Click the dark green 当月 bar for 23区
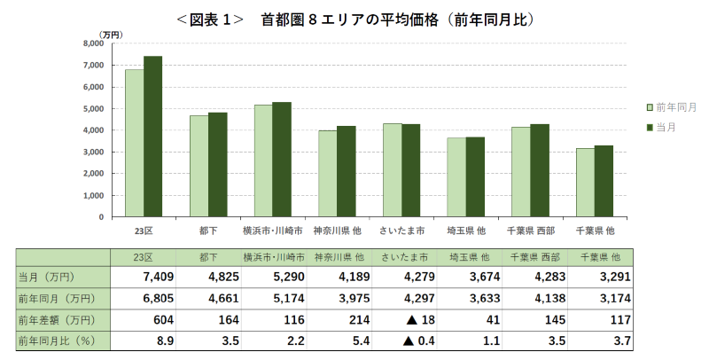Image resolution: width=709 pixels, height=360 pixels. [x=152, y=137]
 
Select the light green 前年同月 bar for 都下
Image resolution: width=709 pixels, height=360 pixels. [x=199, y=166]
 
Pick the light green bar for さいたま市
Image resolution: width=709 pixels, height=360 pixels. [x=392, y=169]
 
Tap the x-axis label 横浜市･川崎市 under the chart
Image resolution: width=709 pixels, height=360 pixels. [x=273, y=231]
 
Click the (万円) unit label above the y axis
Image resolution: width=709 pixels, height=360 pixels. [x=111, y=34]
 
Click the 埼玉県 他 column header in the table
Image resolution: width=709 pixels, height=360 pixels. [x=466, y=257]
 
